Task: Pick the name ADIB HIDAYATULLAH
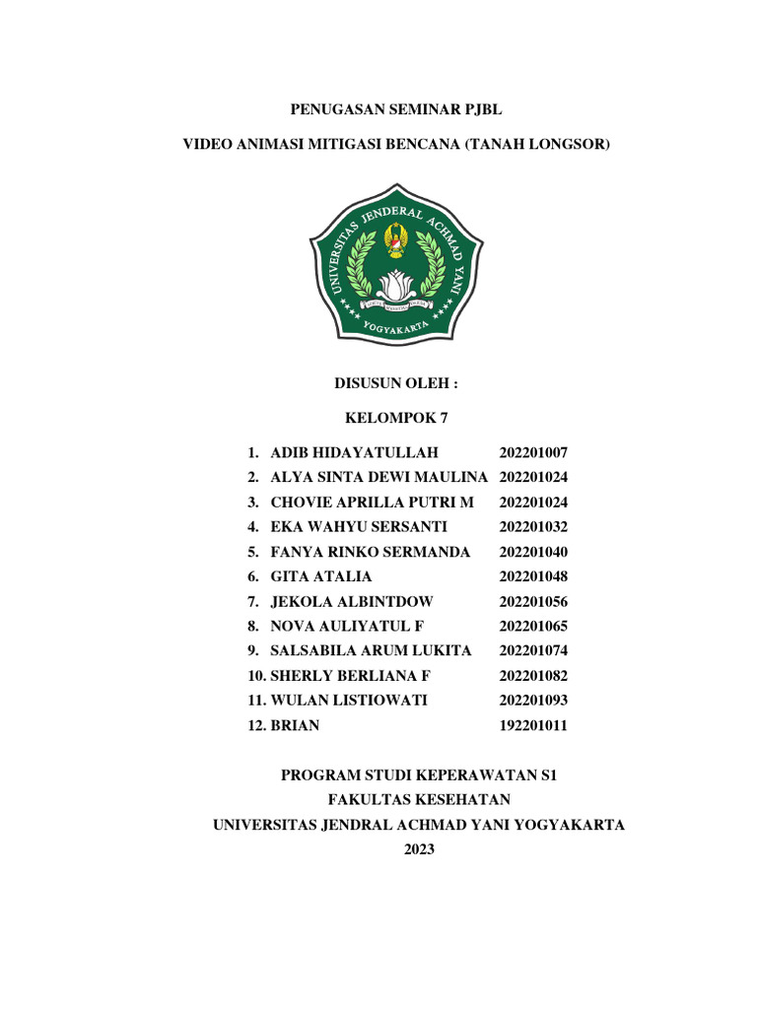353,452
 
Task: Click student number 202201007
533,452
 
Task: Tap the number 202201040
533,552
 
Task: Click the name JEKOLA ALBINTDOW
351,601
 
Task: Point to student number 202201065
533,626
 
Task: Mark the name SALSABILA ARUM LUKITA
371,650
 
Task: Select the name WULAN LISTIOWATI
349,701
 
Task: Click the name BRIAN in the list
295,725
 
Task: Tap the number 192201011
533,725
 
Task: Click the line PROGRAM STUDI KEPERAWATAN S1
419,775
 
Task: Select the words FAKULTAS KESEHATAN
419,800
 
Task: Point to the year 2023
419,849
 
